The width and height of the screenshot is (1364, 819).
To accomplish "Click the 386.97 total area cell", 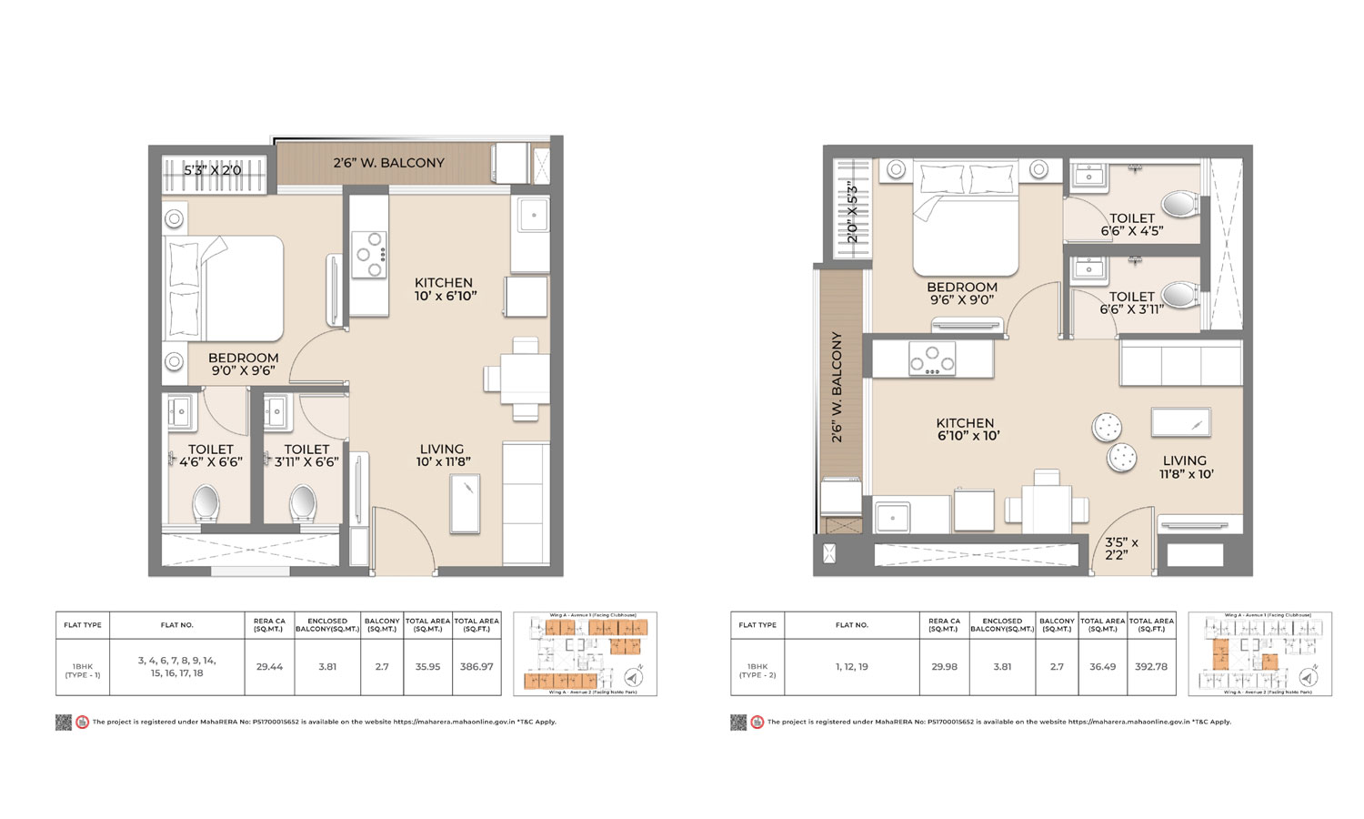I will [476, 667].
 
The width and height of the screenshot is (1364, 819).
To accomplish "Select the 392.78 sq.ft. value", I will [1151, 667].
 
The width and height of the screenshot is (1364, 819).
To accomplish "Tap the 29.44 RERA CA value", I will [269, 667].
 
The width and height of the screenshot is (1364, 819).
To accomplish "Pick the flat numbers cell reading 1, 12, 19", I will [851, 667].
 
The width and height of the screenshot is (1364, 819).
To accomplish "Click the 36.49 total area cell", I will [1102, 667].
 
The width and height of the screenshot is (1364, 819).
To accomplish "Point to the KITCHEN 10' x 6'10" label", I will [444, 289].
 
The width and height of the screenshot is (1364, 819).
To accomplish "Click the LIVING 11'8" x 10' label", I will [1185, 467].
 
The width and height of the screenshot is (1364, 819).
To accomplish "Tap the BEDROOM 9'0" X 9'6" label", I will [243, 364].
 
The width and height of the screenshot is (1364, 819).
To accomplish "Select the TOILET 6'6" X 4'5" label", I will [1131, 225].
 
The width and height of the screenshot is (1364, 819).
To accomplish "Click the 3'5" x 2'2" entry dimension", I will [1120, 548].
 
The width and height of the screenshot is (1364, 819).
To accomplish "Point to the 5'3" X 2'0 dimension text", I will [213, 170].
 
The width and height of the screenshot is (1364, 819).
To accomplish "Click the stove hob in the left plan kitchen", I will [369, 255].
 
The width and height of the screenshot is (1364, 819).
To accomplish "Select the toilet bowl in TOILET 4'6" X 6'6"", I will [206, 503].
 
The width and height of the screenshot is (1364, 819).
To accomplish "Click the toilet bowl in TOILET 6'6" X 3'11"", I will [1179, 294].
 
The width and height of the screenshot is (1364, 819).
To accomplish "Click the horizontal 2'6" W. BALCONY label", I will [388, 163].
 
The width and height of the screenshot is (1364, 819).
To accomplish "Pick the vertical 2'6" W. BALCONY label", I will [837, 387].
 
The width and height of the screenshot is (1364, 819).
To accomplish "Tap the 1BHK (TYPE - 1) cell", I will [83, 671].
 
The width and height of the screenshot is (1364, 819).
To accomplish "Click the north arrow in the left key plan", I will [634, 677].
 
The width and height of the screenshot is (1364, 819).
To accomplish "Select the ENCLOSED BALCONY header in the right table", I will [1001, 625].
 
